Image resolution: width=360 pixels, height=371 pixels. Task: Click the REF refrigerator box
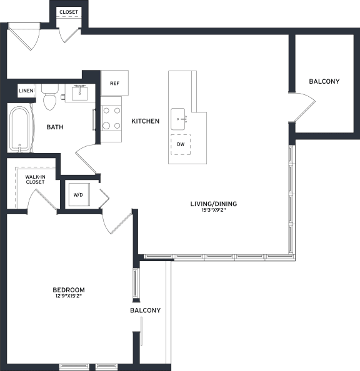pos(114,83)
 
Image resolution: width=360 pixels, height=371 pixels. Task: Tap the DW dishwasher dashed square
pos(181,144)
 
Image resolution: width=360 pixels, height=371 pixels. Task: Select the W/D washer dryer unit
pos(78,194)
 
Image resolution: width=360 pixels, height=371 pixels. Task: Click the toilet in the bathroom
pos(50,97)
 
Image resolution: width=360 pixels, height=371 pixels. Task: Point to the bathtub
pos(19,129)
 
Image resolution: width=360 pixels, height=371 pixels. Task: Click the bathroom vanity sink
pos(79,94)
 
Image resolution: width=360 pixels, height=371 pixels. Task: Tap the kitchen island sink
pos(178,119)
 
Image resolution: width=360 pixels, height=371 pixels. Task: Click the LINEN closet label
pos(26,91)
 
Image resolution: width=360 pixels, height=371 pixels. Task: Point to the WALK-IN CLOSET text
pos(35,179)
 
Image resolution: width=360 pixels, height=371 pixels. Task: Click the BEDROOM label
pos(69,290)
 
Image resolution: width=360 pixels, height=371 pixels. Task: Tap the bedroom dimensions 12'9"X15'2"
pos(69,296)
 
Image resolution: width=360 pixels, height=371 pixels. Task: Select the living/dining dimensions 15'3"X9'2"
pos(214,210)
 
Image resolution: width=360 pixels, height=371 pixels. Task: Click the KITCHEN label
pos(146,121)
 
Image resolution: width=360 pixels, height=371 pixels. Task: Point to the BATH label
pos(55,127)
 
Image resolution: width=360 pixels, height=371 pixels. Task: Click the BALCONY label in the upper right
pos(324,81)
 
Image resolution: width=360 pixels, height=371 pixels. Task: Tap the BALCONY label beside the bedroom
pos(146,310)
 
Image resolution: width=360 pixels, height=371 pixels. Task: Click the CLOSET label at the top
pos(69,12)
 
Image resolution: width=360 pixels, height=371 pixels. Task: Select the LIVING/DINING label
pos(214,204)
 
